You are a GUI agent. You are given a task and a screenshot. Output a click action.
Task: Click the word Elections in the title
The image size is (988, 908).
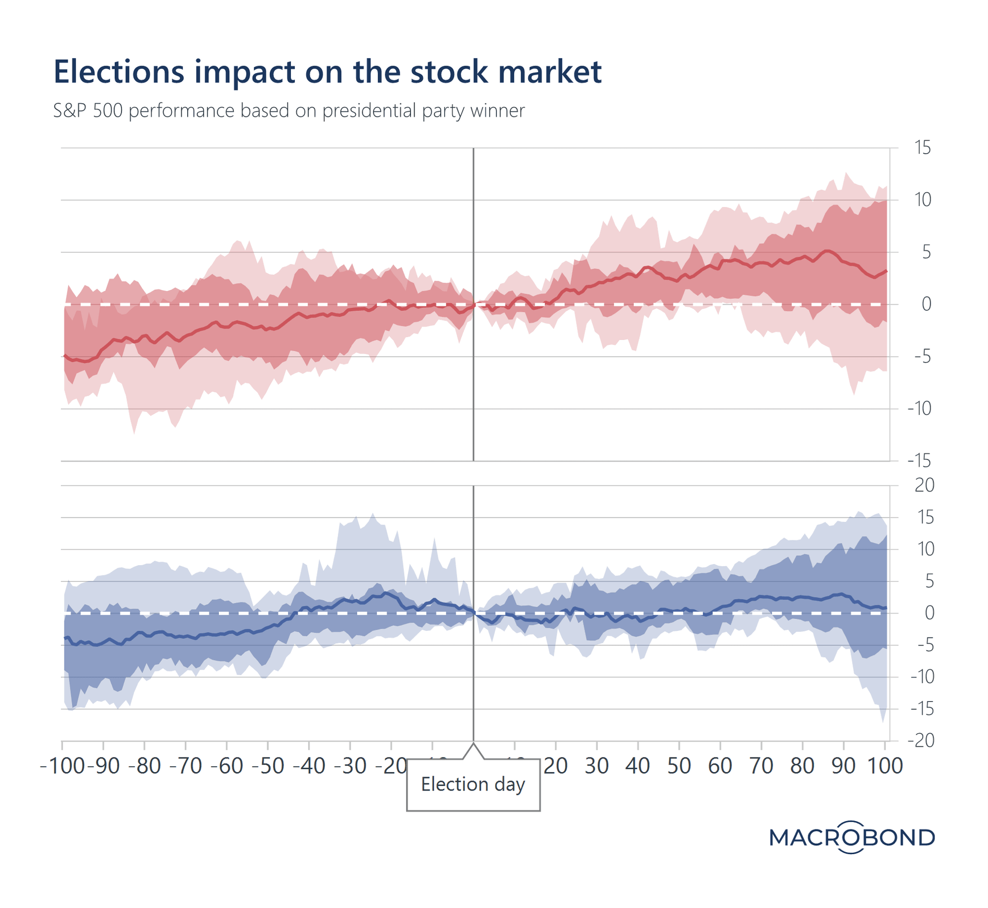pos(119,72)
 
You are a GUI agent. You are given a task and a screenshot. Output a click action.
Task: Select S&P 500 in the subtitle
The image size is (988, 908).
pos(87,111)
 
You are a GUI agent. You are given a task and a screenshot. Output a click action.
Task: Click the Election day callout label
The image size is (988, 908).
pos(473,784)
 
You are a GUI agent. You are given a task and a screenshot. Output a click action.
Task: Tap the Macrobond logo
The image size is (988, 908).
pos(852,837)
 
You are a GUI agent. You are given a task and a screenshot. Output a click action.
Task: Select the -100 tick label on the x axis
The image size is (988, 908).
pos(62,766)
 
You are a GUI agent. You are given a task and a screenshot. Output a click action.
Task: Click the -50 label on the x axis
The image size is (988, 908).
pos(268,766)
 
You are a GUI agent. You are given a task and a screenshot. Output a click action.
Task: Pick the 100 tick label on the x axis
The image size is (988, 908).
pos(885,766)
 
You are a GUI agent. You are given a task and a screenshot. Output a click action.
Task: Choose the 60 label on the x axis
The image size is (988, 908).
pos(720,766)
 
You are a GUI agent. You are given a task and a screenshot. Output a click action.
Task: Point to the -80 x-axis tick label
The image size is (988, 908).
pos(144,766)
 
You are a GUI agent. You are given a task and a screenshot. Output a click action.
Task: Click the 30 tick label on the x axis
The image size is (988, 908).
pos(596,766)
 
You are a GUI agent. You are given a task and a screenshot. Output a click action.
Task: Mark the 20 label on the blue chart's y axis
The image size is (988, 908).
pos(924,486)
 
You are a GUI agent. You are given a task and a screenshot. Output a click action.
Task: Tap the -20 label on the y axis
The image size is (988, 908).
pos(921,741)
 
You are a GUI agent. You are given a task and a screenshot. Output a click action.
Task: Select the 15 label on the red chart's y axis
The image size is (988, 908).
pos(922,148)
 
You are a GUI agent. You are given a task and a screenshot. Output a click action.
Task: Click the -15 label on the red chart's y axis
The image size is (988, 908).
pos(919,461)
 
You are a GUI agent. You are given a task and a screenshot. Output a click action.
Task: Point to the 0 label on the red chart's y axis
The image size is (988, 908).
pos(926,304)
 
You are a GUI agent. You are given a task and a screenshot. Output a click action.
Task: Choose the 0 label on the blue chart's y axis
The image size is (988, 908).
pos(929,613)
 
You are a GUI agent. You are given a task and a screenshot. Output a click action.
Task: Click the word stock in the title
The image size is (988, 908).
pos(449,72)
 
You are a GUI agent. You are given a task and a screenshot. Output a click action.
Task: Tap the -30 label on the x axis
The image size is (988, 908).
pos(350,766)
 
